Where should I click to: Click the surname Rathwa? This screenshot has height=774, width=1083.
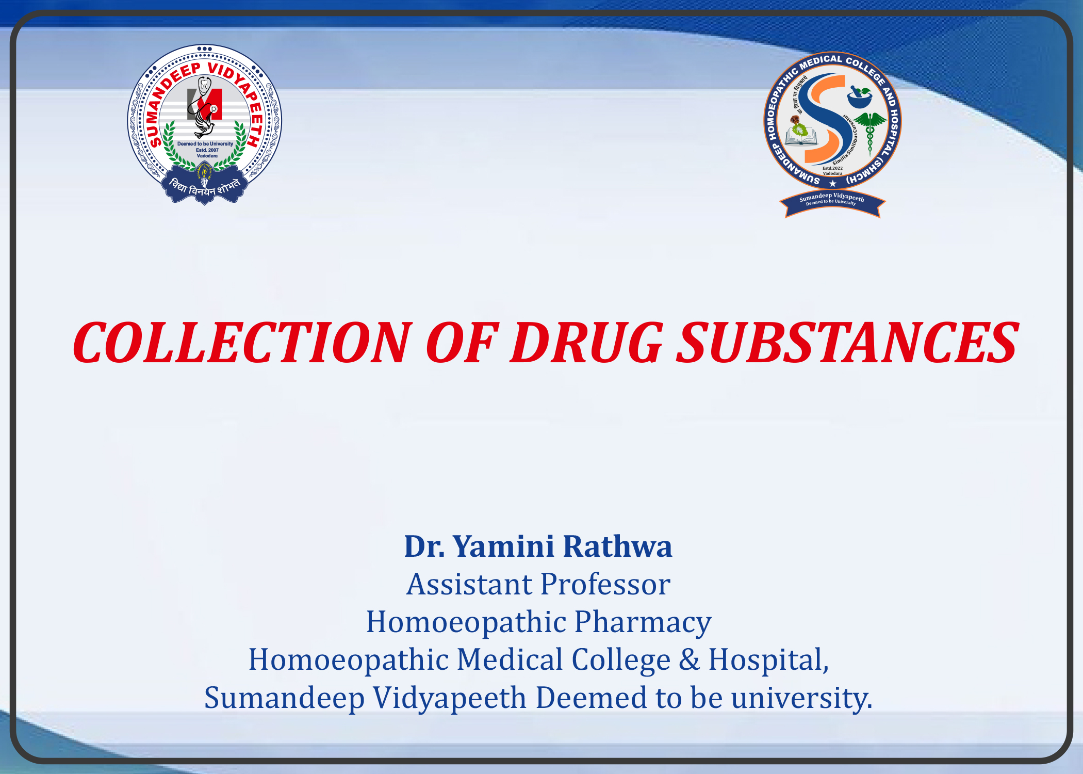click(x=617, y=546)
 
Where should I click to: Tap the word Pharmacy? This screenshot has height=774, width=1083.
click(x=643, y=623)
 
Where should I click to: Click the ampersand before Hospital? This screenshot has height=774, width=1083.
click(x=689, y=660)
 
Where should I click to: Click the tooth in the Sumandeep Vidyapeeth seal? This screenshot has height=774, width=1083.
click(x=205, y=84)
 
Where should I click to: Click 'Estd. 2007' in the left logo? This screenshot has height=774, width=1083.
click(x=207, y=150)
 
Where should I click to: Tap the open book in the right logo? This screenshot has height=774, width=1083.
click(x=800, y=136)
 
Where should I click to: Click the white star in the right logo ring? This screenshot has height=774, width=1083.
click(x=832, y=184)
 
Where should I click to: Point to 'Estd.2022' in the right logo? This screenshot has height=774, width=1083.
click(x=832, y=168)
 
